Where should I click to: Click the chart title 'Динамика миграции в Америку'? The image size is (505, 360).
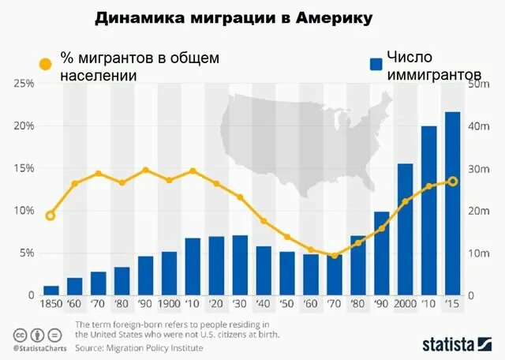click(x=234, y=18)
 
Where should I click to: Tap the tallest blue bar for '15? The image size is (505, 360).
click(x=452, y=204)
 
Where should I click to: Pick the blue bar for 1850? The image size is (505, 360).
click(x=51, y=290)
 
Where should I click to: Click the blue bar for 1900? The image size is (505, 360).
click(x=169, y=273)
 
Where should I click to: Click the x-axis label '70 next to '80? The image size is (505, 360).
click(x=335, y=303)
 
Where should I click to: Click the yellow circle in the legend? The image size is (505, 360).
click(x=45, y=64)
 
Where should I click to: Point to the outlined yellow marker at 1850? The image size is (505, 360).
click(x=50, y=216)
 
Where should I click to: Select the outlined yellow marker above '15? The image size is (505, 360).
click(x=452, y=181)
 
